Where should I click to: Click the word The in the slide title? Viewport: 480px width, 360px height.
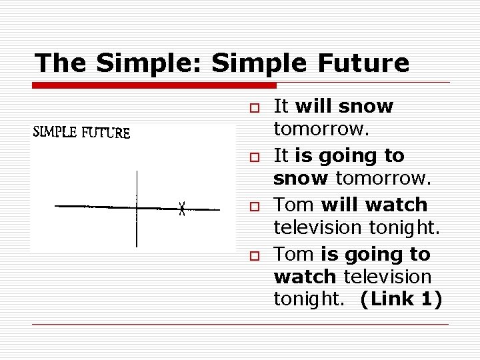(61, 63)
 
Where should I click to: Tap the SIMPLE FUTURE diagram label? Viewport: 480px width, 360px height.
(81, 132)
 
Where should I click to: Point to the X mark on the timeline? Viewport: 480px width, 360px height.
(182, 209)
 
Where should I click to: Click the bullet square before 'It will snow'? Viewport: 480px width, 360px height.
(254, 107)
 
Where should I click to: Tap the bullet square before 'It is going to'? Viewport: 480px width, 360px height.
(254, 156)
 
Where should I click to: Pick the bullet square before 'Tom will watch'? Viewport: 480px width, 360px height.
(254, 205)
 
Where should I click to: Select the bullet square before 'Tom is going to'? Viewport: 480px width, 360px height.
(254, 255)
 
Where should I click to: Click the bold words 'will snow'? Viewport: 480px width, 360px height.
(344, 107)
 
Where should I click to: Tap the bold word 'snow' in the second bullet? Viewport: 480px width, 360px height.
(301, 179)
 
